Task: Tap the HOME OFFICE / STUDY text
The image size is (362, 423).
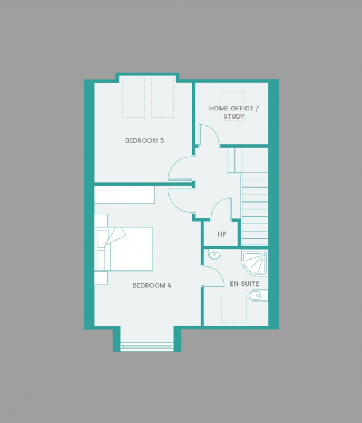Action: click(233, 112)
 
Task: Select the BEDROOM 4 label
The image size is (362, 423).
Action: click(152, 285)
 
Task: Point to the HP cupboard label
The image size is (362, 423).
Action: click(222, 235)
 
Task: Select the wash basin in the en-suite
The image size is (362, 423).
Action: click(214, 254)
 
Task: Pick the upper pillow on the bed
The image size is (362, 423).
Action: click(103, 238)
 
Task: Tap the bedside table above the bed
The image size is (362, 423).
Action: click(101, 220)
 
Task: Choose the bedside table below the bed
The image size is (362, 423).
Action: click(101, 278)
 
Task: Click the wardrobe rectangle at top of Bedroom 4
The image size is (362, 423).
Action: click(125, 195)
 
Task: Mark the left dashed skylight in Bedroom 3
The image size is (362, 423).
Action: click(133, 98)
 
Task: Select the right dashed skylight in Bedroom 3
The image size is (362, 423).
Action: click(162, 98)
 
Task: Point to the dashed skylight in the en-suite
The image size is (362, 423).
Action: click(234, 310)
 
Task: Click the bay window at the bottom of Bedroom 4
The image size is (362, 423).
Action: click(147, 346)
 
